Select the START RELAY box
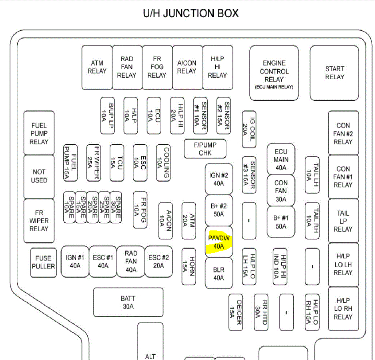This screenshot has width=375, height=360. (334, 72)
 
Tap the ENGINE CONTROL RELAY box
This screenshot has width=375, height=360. (274, 73)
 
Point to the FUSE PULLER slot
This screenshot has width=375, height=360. (43, 262)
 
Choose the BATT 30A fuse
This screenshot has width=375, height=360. (128, 302)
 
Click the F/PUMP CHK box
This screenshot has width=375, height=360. (205, 148)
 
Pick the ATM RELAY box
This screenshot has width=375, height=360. (97, 67)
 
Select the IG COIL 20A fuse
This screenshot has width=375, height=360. (249, 129)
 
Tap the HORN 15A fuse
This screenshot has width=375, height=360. (189, 267)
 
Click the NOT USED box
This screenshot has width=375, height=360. (39, 176)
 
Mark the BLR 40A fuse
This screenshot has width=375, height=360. (219, 274)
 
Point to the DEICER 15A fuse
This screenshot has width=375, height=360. (235, 312)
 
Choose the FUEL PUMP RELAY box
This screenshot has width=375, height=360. (39, 133)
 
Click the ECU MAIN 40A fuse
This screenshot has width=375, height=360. (281, 159)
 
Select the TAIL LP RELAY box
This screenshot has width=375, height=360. (343, 221)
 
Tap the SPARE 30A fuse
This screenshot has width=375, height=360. (116, 207)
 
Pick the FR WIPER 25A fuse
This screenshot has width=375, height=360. (93, 162)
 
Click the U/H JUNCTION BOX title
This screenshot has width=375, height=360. (191, 13)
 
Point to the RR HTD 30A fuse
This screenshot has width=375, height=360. (261, 312)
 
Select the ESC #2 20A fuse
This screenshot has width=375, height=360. (159, 262)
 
